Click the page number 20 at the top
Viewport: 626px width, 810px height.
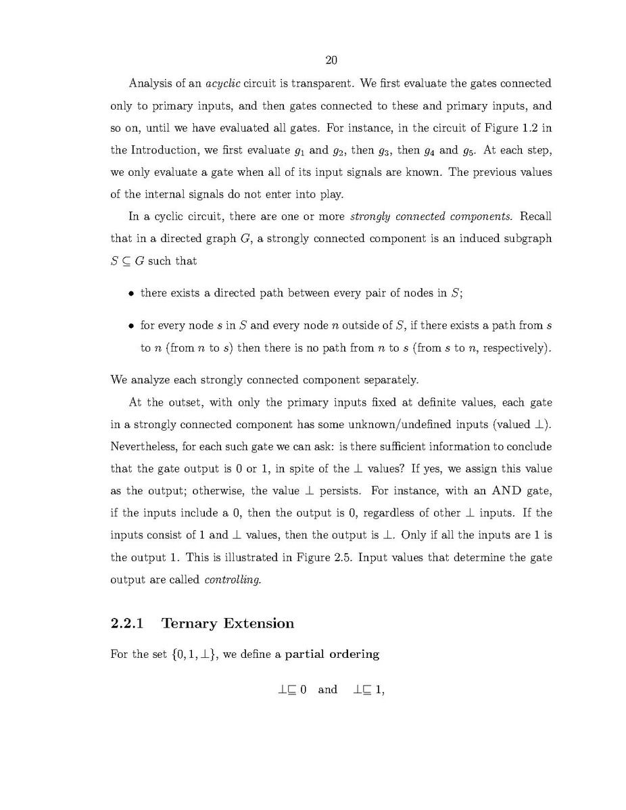tap(331, 61)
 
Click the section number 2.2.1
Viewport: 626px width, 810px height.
tap(127, 623)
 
